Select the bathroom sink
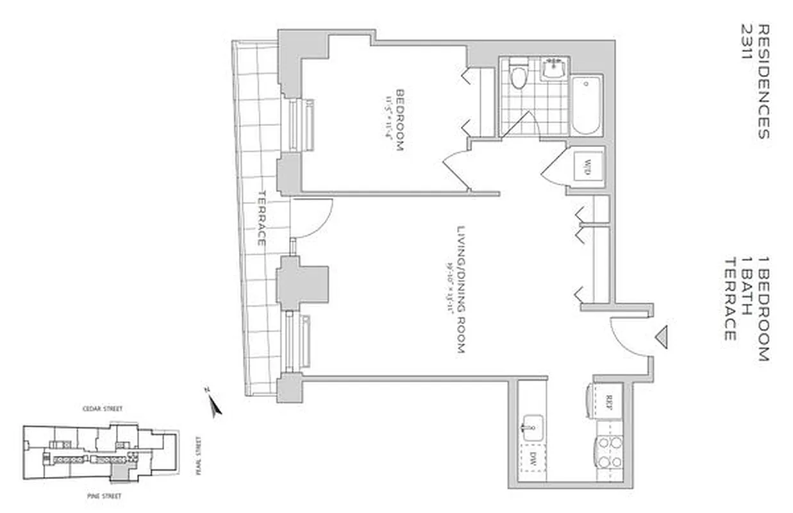(553, 68)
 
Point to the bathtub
(586, 105)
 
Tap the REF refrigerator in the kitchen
(608, 403)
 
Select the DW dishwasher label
(533, 459)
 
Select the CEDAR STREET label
(102, 408)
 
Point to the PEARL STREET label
(199, 455)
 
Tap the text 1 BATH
(746, 285)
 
